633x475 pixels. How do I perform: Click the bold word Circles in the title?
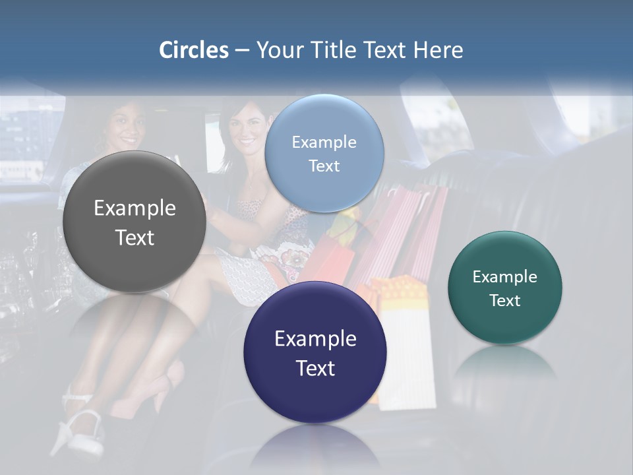(x=194, y=50)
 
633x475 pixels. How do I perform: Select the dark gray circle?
(x=135, y=222)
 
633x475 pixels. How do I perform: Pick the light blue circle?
(x=324, y=153)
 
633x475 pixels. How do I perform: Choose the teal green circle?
(x=505, y=288)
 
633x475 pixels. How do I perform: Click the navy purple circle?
(x=315, y=352)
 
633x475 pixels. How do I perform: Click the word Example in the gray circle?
(x=135, y=208)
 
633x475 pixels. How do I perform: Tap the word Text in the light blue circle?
(x=324, y=166)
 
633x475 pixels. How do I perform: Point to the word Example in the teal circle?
(x=505, y=277)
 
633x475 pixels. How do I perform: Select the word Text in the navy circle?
(x=315, y=368)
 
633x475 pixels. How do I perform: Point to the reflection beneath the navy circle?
(x=315, y=449)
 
